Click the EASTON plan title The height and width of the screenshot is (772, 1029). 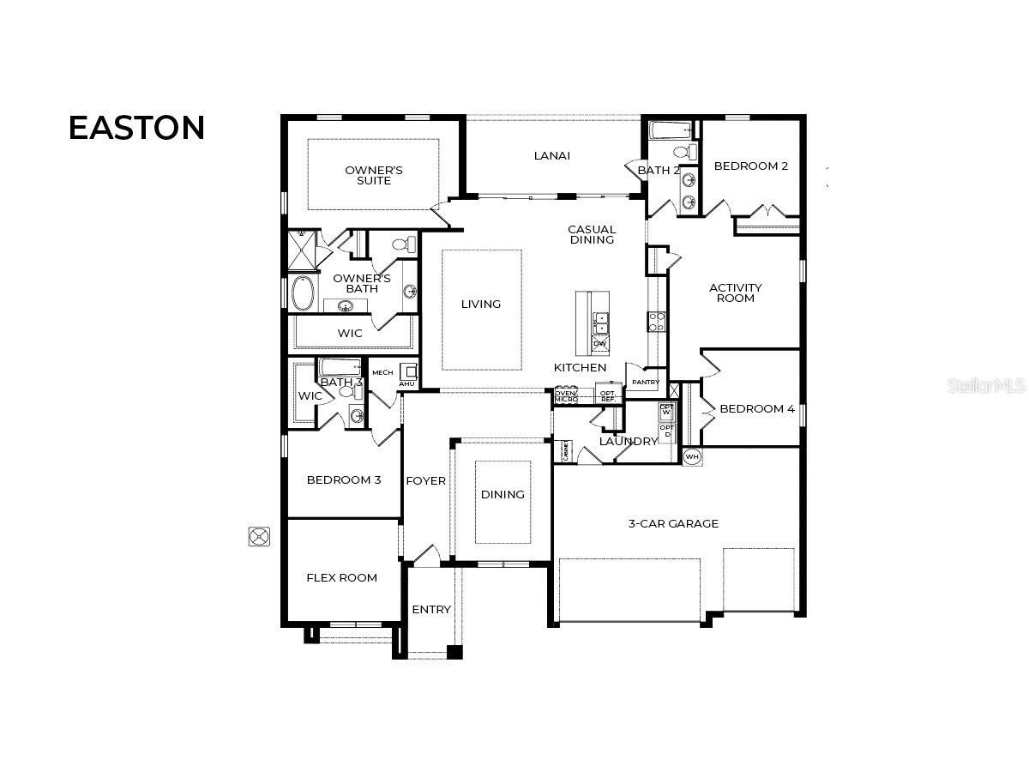click(136, 128)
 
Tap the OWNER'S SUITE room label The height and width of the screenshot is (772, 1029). click(374, 175)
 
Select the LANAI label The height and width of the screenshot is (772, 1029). click(551, 156)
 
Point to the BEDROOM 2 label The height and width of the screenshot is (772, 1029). click(750, 166)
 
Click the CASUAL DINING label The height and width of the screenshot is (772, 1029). click(592, 235)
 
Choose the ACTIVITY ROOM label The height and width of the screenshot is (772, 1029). click(735, 293)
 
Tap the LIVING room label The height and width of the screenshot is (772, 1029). click(480, 305)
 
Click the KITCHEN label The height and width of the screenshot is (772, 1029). click(580, 368)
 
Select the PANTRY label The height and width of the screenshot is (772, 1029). click(645, 383)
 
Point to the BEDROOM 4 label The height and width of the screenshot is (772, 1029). click(756, 409)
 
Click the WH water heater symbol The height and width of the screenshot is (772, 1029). click(692, 456)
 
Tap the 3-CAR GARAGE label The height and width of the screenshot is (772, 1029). click(673, 524)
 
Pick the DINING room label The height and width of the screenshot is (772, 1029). click(502, 495)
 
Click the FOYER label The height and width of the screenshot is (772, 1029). click(425, 481)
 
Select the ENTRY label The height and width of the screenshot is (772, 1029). click(430, 610)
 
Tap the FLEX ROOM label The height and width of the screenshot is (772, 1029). click(341, 578)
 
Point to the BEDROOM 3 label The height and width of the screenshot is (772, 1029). click(343, 480)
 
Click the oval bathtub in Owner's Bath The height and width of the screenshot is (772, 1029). click(304, 293)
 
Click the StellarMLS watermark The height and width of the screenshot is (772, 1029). click(985, 386)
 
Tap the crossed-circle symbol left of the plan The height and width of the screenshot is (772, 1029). click(259, 537)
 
